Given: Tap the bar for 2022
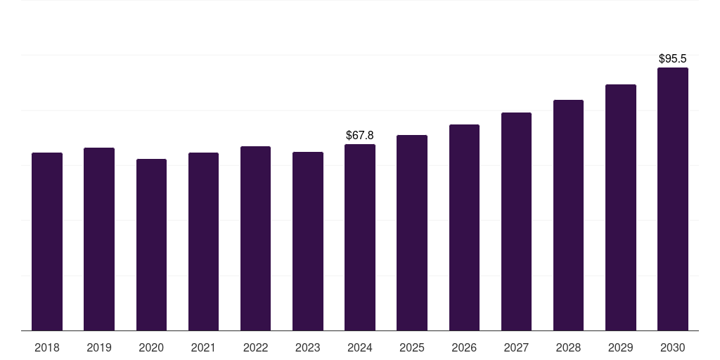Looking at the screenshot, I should [255, 238].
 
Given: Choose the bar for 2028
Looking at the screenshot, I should [568, 215].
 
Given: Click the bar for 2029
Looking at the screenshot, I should [621, 207].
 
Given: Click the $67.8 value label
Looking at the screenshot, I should [360, 135].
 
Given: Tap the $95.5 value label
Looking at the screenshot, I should [673, 59].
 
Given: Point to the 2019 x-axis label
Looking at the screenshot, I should [99, 347].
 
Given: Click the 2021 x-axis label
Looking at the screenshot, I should [203, 347].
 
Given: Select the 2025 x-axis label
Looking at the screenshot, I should [412, 347].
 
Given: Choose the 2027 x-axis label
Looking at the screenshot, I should [516, 347].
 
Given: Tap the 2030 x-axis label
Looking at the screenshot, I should [673, 347].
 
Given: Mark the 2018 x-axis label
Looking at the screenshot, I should [47, 347].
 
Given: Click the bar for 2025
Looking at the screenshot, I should [412, 233].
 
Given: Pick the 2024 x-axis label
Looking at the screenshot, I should [360, 347].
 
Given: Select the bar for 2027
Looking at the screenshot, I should [516, 221].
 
